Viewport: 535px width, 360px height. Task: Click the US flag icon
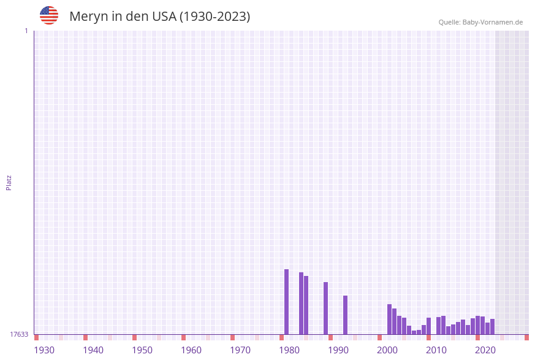tap(49, 15)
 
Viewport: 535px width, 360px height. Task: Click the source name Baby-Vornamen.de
tap(493, 22)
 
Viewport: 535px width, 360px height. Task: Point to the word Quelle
tap(449, 22)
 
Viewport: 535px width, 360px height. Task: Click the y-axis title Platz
tap(9, 182)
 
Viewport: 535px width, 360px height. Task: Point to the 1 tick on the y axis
tap(26, 31)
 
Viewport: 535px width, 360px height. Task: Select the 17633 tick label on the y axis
tap(19, 334)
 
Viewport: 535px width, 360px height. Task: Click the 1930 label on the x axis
tap(44, 350)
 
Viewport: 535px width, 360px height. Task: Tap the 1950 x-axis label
tap(142, 350)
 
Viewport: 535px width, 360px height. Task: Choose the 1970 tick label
tap(240, 350)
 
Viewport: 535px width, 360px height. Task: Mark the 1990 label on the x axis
tap(338, 350)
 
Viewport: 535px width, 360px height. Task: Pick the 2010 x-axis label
tap(436, 350)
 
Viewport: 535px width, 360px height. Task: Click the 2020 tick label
tap(485, 350)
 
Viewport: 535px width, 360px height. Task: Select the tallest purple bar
tap(286, 302)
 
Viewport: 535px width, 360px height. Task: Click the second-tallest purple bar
tap(301, 303)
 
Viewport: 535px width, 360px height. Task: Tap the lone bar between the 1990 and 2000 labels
tap(345, 315)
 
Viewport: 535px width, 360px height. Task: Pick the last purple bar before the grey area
tap(492, 326)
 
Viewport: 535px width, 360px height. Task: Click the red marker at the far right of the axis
tap(526, 337)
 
